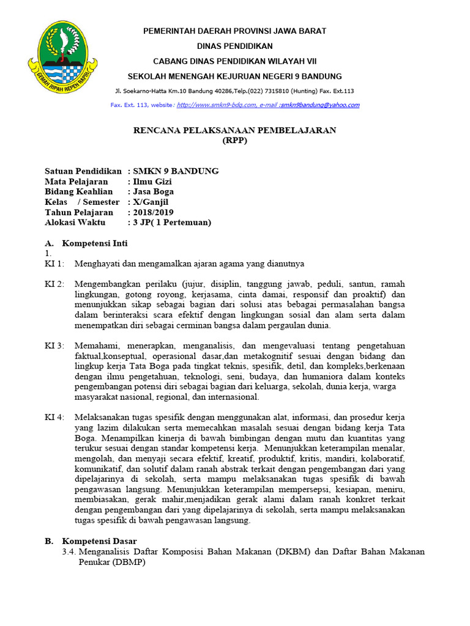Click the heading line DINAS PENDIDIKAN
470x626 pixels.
coord(234,46)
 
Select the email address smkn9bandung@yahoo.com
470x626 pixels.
coord(319,105)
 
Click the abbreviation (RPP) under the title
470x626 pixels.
coord(234,140)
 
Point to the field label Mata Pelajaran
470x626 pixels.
coord(76,182)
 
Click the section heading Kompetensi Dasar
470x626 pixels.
coord(99,541)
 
